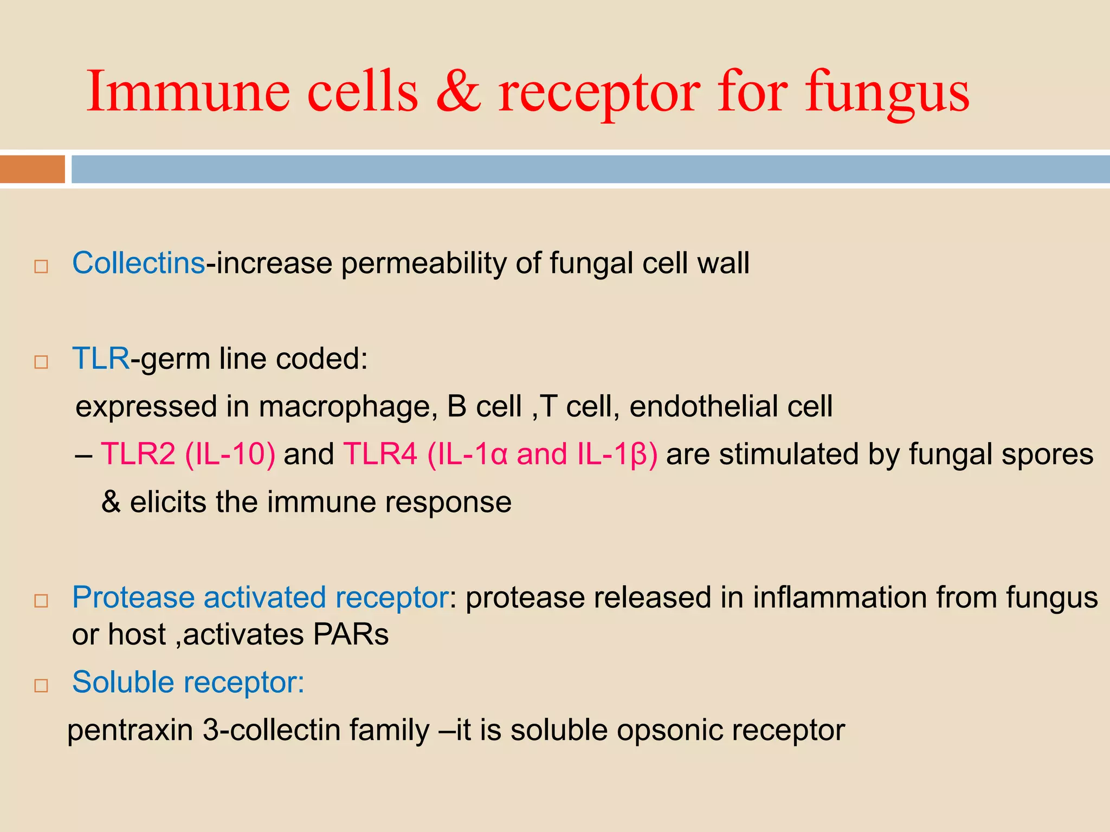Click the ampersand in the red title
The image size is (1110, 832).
click(x=458, y=91)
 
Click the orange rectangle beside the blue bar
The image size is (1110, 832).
click(x=33, y=169)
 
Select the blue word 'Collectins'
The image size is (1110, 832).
click(x=139, y=263)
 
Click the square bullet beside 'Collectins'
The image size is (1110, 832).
click(x=41, y=266)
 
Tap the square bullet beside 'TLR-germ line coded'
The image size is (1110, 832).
click(x=41, y=362)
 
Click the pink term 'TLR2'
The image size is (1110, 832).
click(x=138, y=454)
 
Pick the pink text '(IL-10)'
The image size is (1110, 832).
click(x=230, y=454)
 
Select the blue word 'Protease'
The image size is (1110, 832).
click(x=133, y=597)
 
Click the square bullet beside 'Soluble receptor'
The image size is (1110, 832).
click(x=41, y=686)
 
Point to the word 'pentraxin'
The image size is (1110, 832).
click(x=130, y=731)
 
